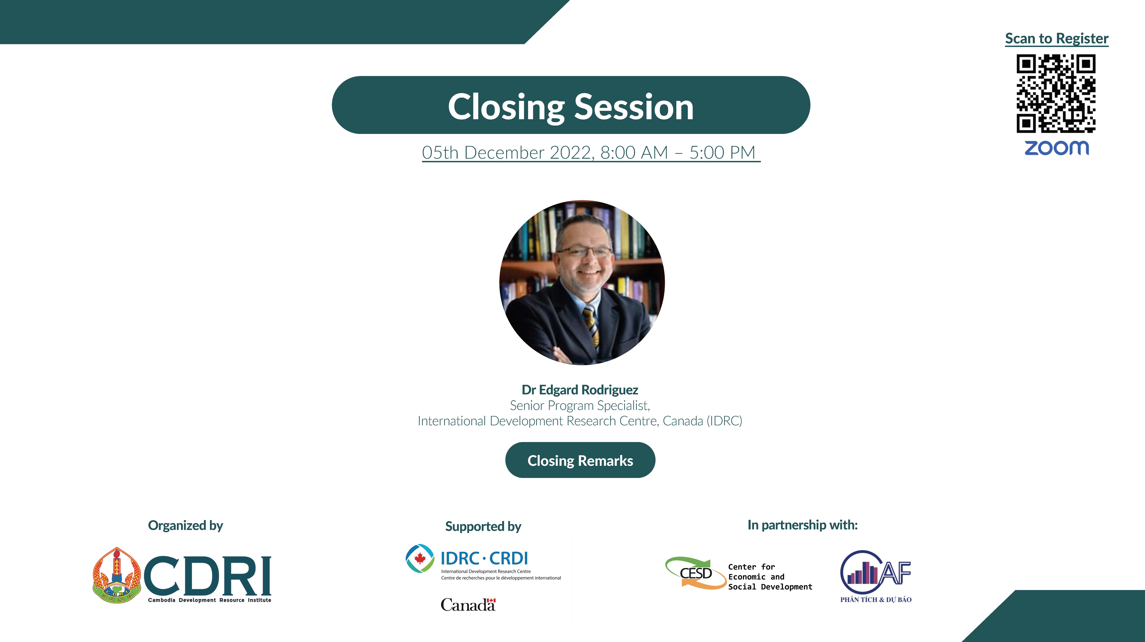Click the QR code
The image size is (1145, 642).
tap(1056, 93)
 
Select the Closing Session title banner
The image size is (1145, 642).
tap(571, 105)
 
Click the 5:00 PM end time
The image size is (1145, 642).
tap(722, 152)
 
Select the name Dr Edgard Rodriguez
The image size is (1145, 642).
tap(580, 390)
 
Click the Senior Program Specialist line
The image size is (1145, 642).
tap(580, 405)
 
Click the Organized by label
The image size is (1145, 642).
tap(185, 525)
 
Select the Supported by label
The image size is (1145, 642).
tap(483, 526)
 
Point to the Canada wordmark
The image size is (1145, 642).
tap(468, 605)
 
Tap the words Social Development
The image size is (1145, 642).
tap(770, 587)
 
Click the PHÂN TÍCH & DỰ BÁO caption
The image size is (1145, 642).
tap(876, 600)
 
